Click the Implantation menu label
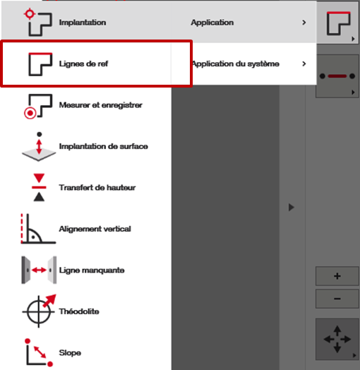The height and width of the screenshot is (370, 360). pyautogui.click(x=83, y=23)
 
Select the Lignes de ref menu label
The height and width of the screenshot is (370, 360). pyautogui.click(x=83, y=64)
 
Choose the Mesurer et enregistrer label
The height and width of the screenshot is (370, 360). pyautogui.click(x=100, y=105)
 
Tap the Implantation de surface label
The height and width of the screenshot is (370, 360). pyautogui.click(x=103, y=146)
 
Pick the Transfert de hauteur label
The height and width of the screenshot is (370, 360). pyautogui.click(x=97, y=188)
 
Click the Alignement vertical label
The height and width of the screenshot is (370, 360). pyautogui.click(x=95, y=229)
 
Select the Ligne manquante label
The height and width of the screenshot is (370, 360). pyautogui.click(x=92, y=270)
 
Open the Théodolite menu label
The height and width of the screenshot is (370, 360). pyautogui.click(x=79, y=311)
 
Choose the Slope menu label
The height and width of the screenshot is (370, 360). pyautogui.click(x=70, y=353)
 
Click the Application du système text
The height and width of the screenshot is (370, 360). pyautogui.click(x=236, y=64)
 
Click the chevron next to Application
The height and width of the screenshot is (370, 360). pyautogui.click(x=304, y=23)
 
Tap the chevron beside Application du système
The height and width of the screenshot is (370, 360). pyautogui.click(x=304, y=64)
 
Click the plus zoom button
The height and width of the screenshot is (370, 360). pyautogui.click(x=337, y=276)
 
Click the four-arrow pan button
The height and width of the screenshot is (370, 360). pyautogui.click(x=337, y=339)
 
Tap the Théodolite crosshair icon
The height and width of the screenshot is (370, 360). pyautogui.click(x=39, y=311)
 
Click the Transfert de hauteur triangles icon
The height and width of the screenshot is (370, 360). pyautogui.click(x=39, y=187)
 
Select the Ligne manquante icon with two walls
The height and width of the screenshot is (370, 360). pyautogui.click(x=39, y=270)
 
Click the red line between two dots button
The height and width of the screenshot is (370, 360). pyautogui.click(x=337, y=76)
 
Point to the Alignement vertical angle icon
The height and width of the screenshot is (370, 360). pyautogui.click(x=38, y=228)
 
